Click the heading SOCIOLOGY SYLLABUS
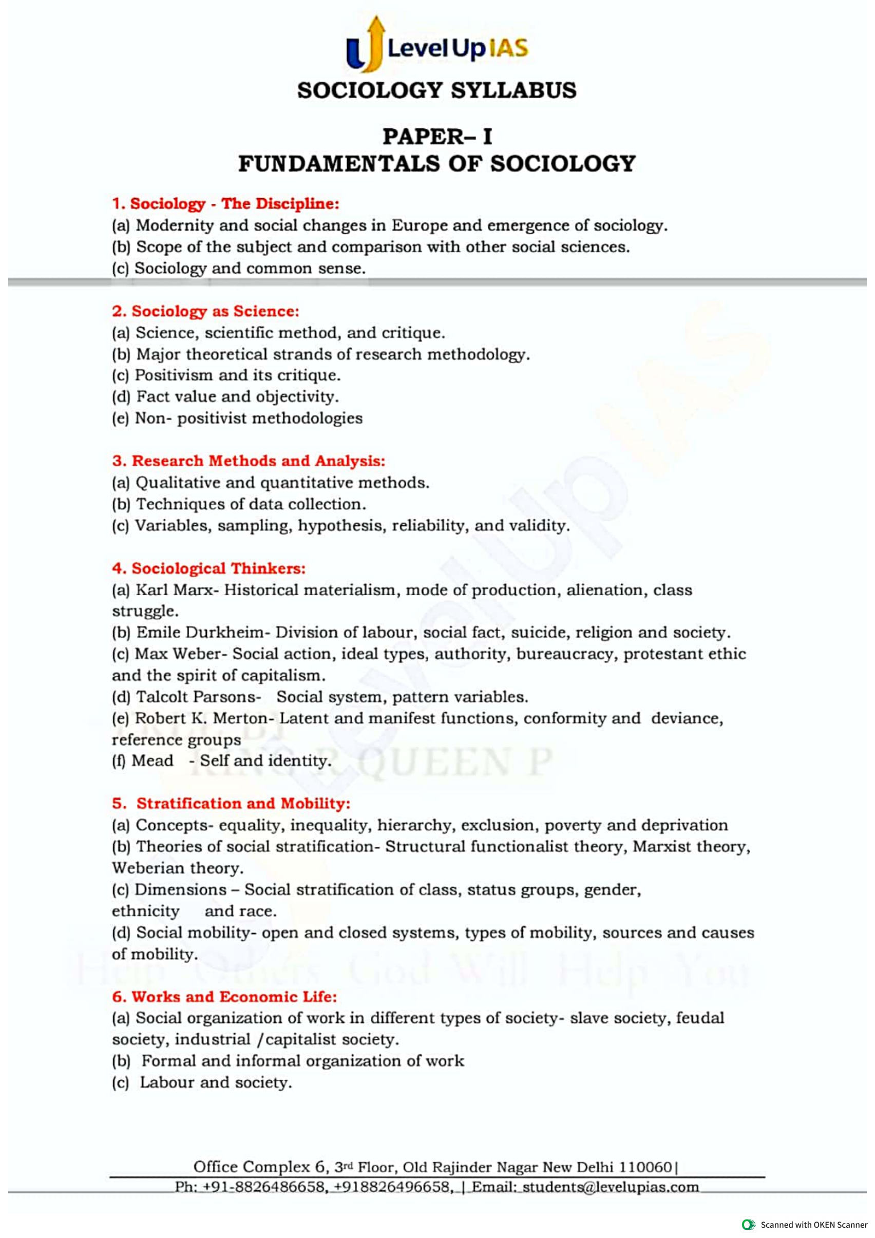coord(436,90)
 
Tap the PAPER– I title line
coord(436,137)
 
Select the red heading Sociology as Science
coord(205,311)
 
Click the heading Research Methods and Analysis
coord(249,461)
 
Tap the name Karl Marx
coord(174,590)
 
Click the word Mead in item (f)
coord(153,760)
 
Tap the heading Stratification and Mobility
coord(243,804)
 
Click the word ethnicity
coord(145,911)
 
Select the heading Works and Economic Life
coord(225,997)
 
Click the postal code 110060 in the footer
coord(645,1167)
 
